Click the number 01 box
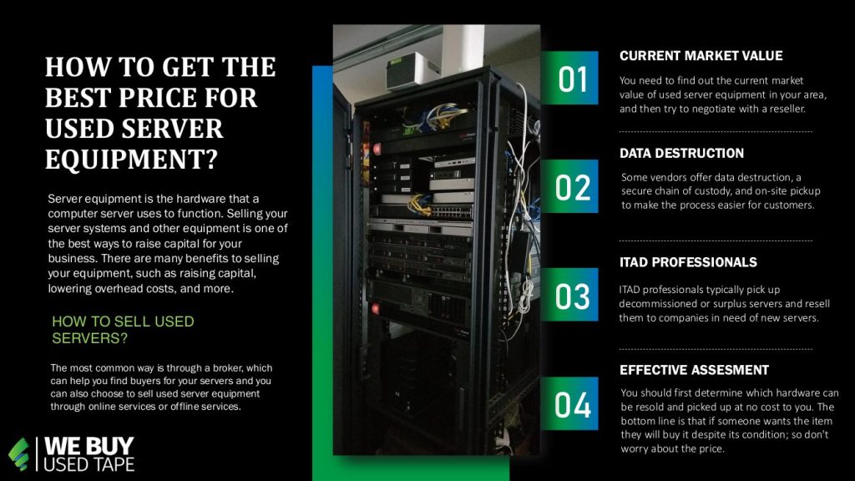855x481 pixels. (x=569, y=78)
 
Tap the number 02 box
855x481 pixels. (x=569, y=186)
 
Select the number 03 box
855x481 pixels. (x=569, y=295)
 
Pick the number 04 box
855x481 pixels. (x=569, y=403)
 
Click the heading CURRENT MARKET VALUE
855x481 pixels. (x=701, y=56)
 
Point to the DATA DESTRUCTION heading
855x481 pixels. (x=681, y=154)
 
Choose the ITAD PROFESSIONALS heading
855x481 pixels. (x=688, y=262)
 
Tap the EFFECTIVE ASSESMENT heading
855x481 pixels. (x=694, y=370)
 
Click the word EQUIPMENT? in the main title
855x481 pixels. (x=131, y=159)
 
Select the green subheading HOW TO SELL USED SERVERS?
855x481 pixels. (x=123, y=330)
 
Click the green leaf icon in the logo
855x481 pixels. (x=19, y=453)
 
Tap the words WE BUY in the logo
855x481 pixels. (x=89, y=446)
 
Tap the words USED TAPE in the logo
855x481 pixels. (x=89, y=464)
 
